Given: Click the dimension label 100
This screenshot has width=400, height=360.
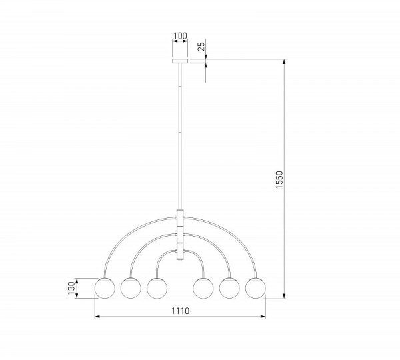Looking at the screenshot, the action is point(180,36).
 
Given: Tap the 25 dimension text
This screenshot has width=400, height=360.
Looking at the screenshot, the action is point(201,47).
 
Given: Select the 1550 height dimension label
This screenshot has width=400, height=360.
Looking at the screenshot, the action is point(279,179).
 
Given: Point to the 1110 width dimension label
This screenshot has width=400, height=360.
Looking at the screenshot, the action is point(180,311).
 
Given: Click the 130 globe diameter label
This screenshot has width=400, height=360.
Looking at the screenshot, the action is point(72,288).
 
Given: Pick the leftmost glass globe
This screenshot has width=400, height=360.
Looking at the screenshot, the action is point(105,288).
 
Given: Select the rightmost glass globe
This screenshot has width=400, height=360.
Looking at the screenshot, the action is point(255,288).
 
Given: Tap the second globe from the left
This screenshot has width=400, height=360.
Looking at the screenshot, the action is point(131,288).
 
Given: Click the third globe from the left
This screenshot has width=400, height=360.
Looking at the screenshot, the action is point(157,288).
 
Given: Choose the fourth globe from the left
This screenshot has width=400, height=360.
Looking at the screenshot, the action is point(203,288).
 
